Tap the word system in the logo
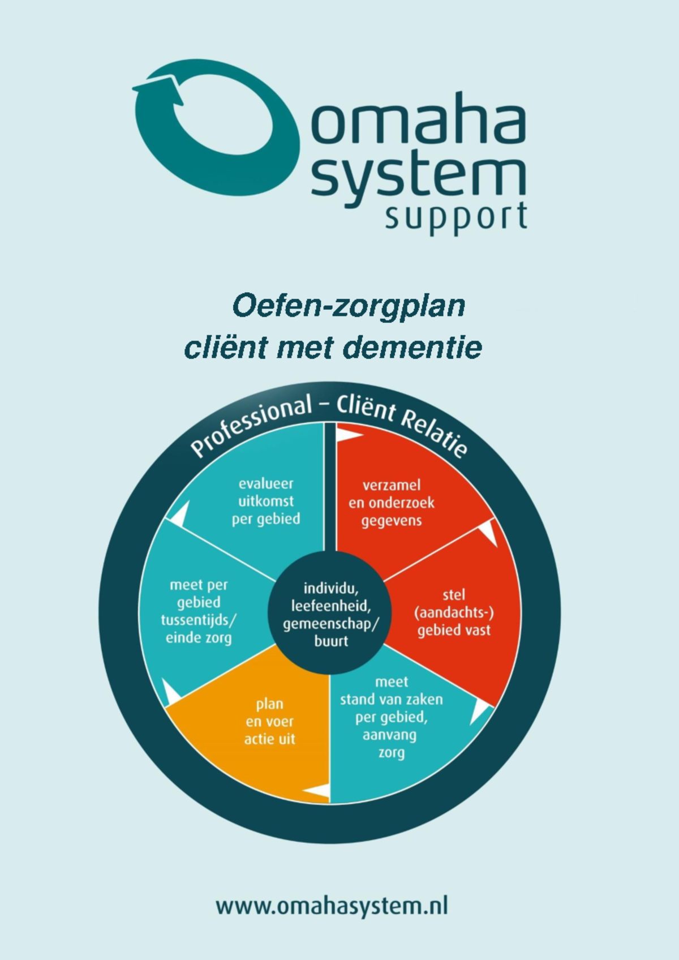pyautogui.click(x=419, y=177)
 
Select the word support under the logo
pyautogui.click(x=456, y=216)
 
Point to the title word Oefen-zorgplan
pyautogui.click(x=349, y=306)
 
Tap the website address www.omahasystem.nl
pyautogui.click(x=332, y=905)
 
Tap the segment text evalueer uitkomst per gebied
pyautogui.click(x=266, y=501)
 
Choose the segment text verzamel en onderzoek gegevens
pyautogui.click(x=392, y=503)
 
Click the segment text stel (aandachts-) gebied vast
pyautogui.click(x=454, y=612)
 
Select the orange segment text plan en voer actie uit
pyautogui.click(x=269, y=721)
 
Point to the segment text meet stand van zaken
pyautogui.click(x=392, y=717)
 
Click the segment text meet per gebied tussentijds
pyautogui.click(x=199, y=611)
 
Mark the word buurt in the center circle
pyautogui.click(x=332, y=642)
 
